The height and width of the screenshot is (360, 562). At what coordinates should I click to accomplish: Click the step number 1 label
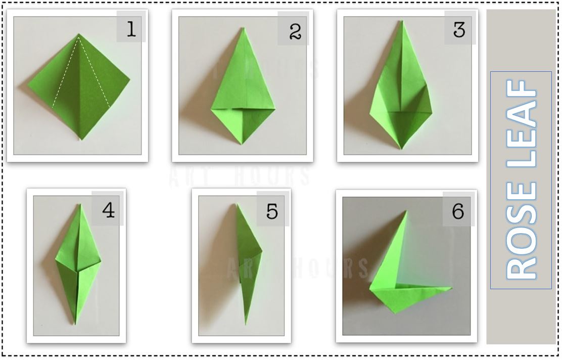(131, 30)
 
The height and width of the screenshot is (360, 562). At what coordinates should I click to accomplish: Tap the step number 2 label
(295, 32)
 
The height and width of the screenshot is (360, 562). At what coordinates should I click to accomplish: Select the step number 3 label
(459, 30)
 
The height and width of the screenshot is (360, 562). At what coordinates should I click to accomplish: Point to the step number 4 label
(108, 210)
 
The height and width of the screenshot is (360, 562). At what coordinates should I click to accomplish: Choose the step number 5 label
(272, 211)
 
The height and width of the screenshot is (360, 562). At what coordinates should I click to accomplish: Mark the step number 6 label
(458, 211)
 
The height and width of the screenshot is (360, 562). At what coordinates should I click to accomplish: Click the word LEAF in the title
(521, 131)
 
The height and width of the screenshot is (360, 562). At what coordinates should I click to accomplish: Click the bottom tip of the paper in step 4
(75, 324)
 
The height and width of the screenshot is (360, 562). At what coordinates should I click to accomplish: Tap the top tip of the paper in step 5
(237, 205)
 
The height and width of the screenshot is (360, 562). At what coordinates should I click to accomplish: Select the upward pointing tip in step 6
(406, 211)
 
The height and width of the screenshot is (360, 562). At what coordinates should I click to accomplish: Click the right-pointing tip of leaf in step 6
(451, 289)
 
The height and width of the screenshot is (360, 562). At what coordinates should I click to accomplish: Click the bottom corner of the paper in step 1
(81, 139)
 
